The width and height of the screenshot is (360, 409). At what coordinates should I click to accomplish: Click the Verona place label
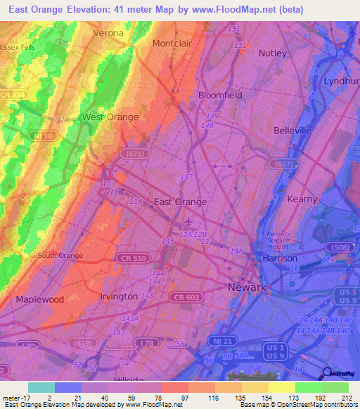[108, 33]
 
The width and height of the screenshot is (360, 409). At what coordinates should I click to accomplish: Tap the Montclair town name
[172, 43]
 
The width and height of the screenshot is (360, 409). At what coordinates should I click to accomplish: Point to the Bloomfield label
[220, 95]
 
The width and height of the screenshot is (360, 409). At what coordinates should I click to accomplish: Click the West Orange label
[110, 117]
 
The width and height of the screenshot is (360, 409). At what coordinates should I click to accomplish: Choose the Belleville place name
[292, 130]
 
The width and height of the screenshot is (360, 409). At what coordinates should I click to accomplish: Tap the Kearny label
[302, 199]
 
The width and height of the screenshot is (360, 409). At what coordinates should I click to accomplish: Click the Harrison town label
[280, 258]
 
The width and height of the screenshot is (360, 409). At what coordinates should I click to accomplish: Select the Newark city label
[247, 287]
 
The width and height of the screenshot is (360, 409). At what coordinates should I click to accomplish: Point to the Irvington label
[119, 297]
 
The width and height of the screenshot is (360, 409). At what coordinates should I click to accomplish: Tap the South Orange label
[60, 256]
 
